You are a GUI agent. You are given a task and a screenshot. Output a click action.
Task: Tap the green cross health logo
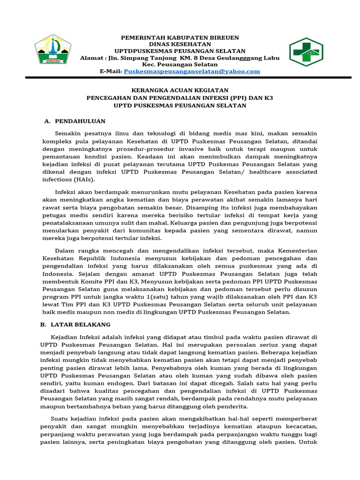(x=306, y=52)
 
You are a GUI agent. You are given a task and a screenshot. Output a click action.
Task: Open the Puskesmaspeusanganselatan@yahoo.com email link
(x=191, y=71)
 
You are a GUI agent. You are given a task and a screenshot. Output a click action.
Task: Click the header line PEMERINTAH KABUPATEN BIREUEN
(x=180, y=37)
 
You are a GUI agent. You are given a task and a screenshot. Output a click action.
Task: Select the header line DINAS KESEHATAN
(x=180, y=44)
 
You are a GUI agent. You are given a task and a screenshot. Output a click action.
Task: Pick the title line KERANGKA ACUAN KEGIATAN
(x=180, y=90)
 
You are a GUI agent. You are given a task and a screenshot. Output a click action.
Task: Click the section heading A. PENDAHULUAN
(x=75, y=121)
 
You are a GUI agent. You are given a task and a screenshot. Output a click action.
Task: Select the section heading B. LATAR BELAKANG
(x=77, y=324)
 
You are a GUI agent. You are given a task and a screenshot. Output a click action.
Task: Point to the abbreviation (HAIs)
(x=85, y=180)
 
